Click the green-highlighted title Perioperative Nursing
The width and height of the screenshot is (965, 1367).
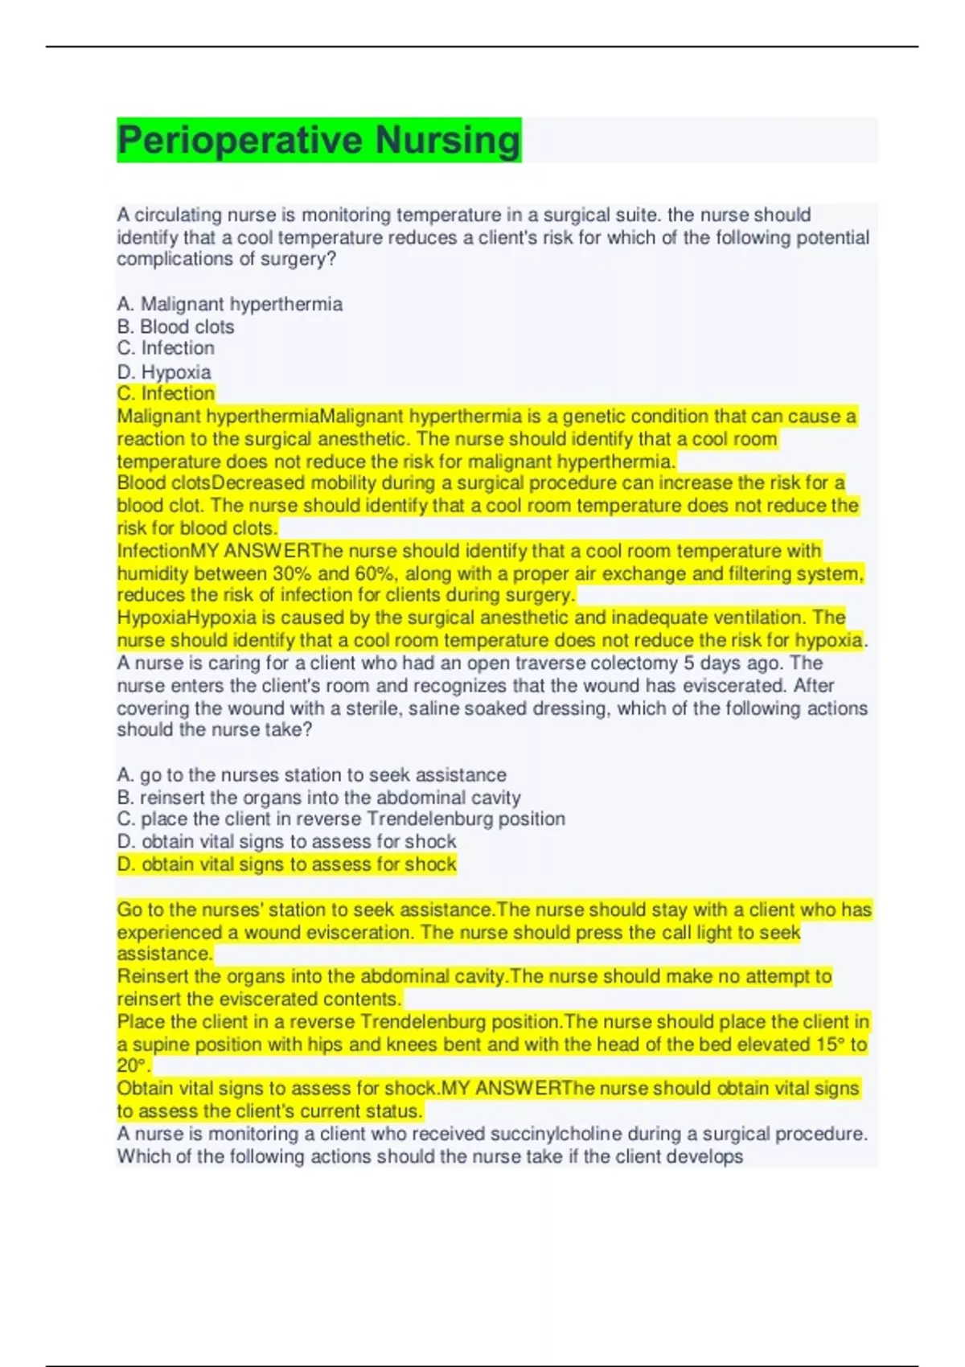point(318,140)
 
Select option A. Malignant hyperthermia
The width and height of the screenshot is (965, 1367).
point(229,304)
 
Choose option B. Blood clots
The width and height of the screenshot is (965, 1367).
point(175,326)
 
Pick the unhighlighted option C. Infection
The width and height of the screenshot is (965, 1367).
point(166,348)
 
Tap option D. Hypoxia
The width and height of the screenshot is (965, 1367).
point(164,372)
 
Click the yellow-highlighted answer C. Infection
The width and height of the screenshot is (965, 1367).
point(166,394)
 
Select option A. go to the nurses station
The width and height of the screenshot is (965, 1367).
point(311,774)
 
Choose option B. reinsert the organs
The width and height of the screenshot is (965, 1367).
point(318,797)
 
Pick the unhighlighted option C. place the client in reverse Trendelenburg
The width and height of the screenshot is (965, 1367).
point(340,819)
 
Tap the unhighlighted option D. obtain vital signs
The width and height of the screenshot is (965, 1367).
point(286,841)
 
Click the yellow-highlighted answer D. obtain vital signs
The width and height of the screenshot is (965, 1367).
point(286,864)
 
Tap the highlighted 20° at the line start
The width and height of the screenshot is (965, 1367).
point(132,1066)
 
